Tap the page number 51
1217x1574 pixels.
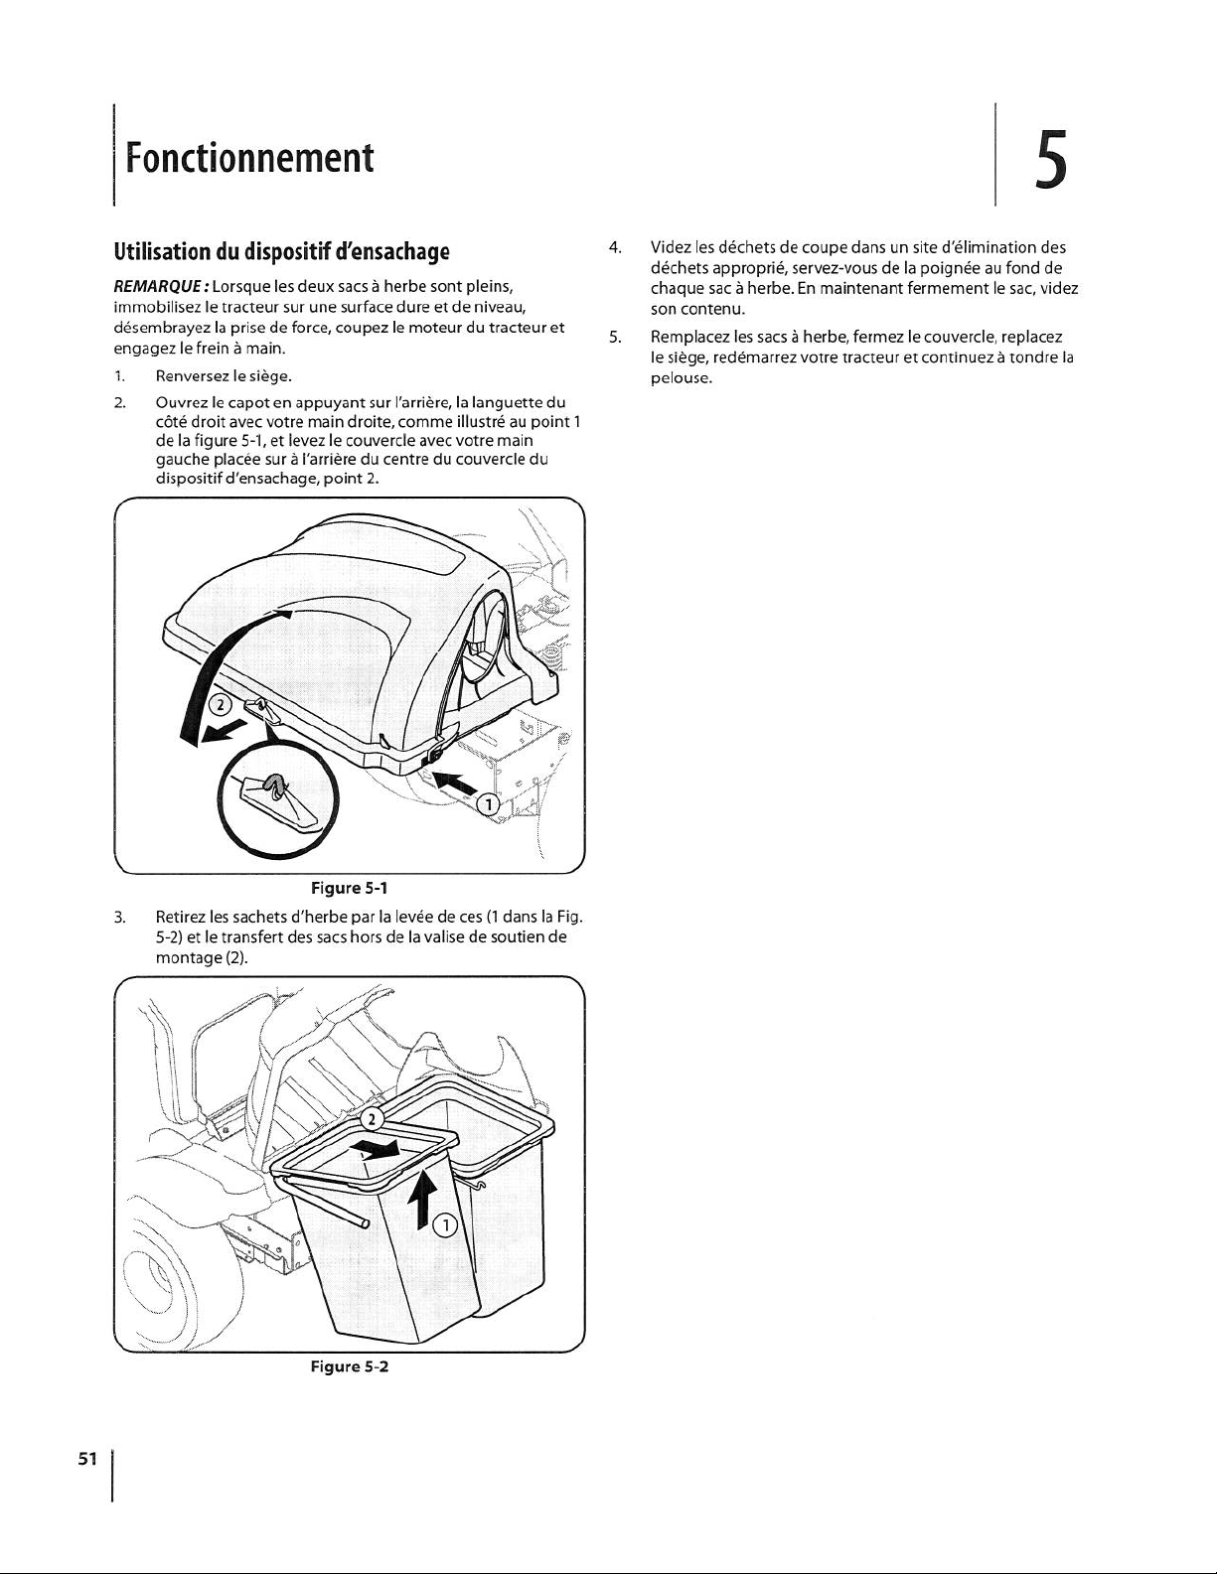coord(87,1458)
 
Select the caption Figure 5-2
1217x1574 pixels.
coord(350,1367)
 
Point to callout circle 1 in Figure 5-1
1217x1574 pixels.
coord(487,804)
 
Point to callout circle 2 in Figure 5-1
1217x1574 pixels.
coord(225,706)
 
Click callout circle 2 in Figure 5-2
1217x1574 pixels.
coord(371,1119)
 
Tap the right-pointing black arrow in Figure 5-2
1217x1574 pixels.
coord(378,1149)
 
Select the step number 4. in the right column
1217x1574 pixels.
coord(616,246)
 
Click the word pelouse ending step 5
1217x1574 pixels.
coord(681,378)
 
